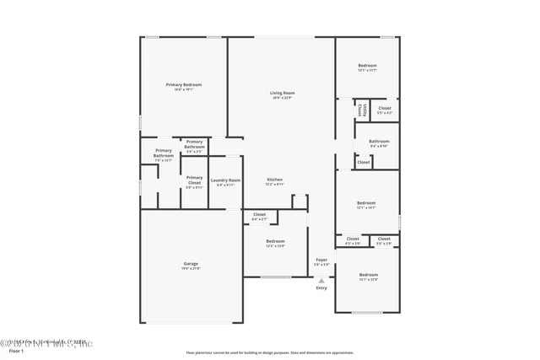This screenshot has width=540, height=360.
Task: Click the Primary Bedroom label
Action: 183,87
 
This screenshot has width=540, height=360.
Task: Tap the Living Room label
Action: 282,94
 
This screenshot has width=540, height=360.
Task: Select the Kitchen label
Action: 275,181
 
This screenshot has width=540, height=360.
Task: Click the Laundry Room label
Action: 225,182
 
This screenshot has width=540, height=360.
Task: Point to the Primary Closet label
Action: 194,182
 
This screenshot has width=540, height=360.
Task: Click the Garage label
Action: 191,266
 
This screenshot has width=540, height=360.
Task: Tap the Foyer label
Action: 321,262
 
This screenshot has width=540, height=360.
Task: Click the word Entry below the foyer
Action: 321,288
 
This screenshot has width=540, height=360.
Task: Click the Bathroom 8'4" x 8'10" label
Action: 379,143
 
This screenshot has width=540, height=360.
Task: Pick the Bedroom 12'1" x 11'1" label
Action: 367,67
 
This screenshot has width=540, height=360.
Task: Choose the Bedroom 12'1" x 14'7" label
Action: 366,205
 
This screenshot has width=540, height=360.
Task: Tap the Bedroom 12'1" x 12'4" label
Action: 368,277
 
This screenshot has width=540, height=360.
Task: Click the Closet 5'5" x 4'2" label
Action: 384,110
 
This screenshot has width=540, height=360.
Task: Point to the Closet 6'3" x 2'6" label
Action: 353,240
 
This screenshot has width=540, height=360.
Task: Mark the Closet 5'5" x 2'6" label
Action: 384,240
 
